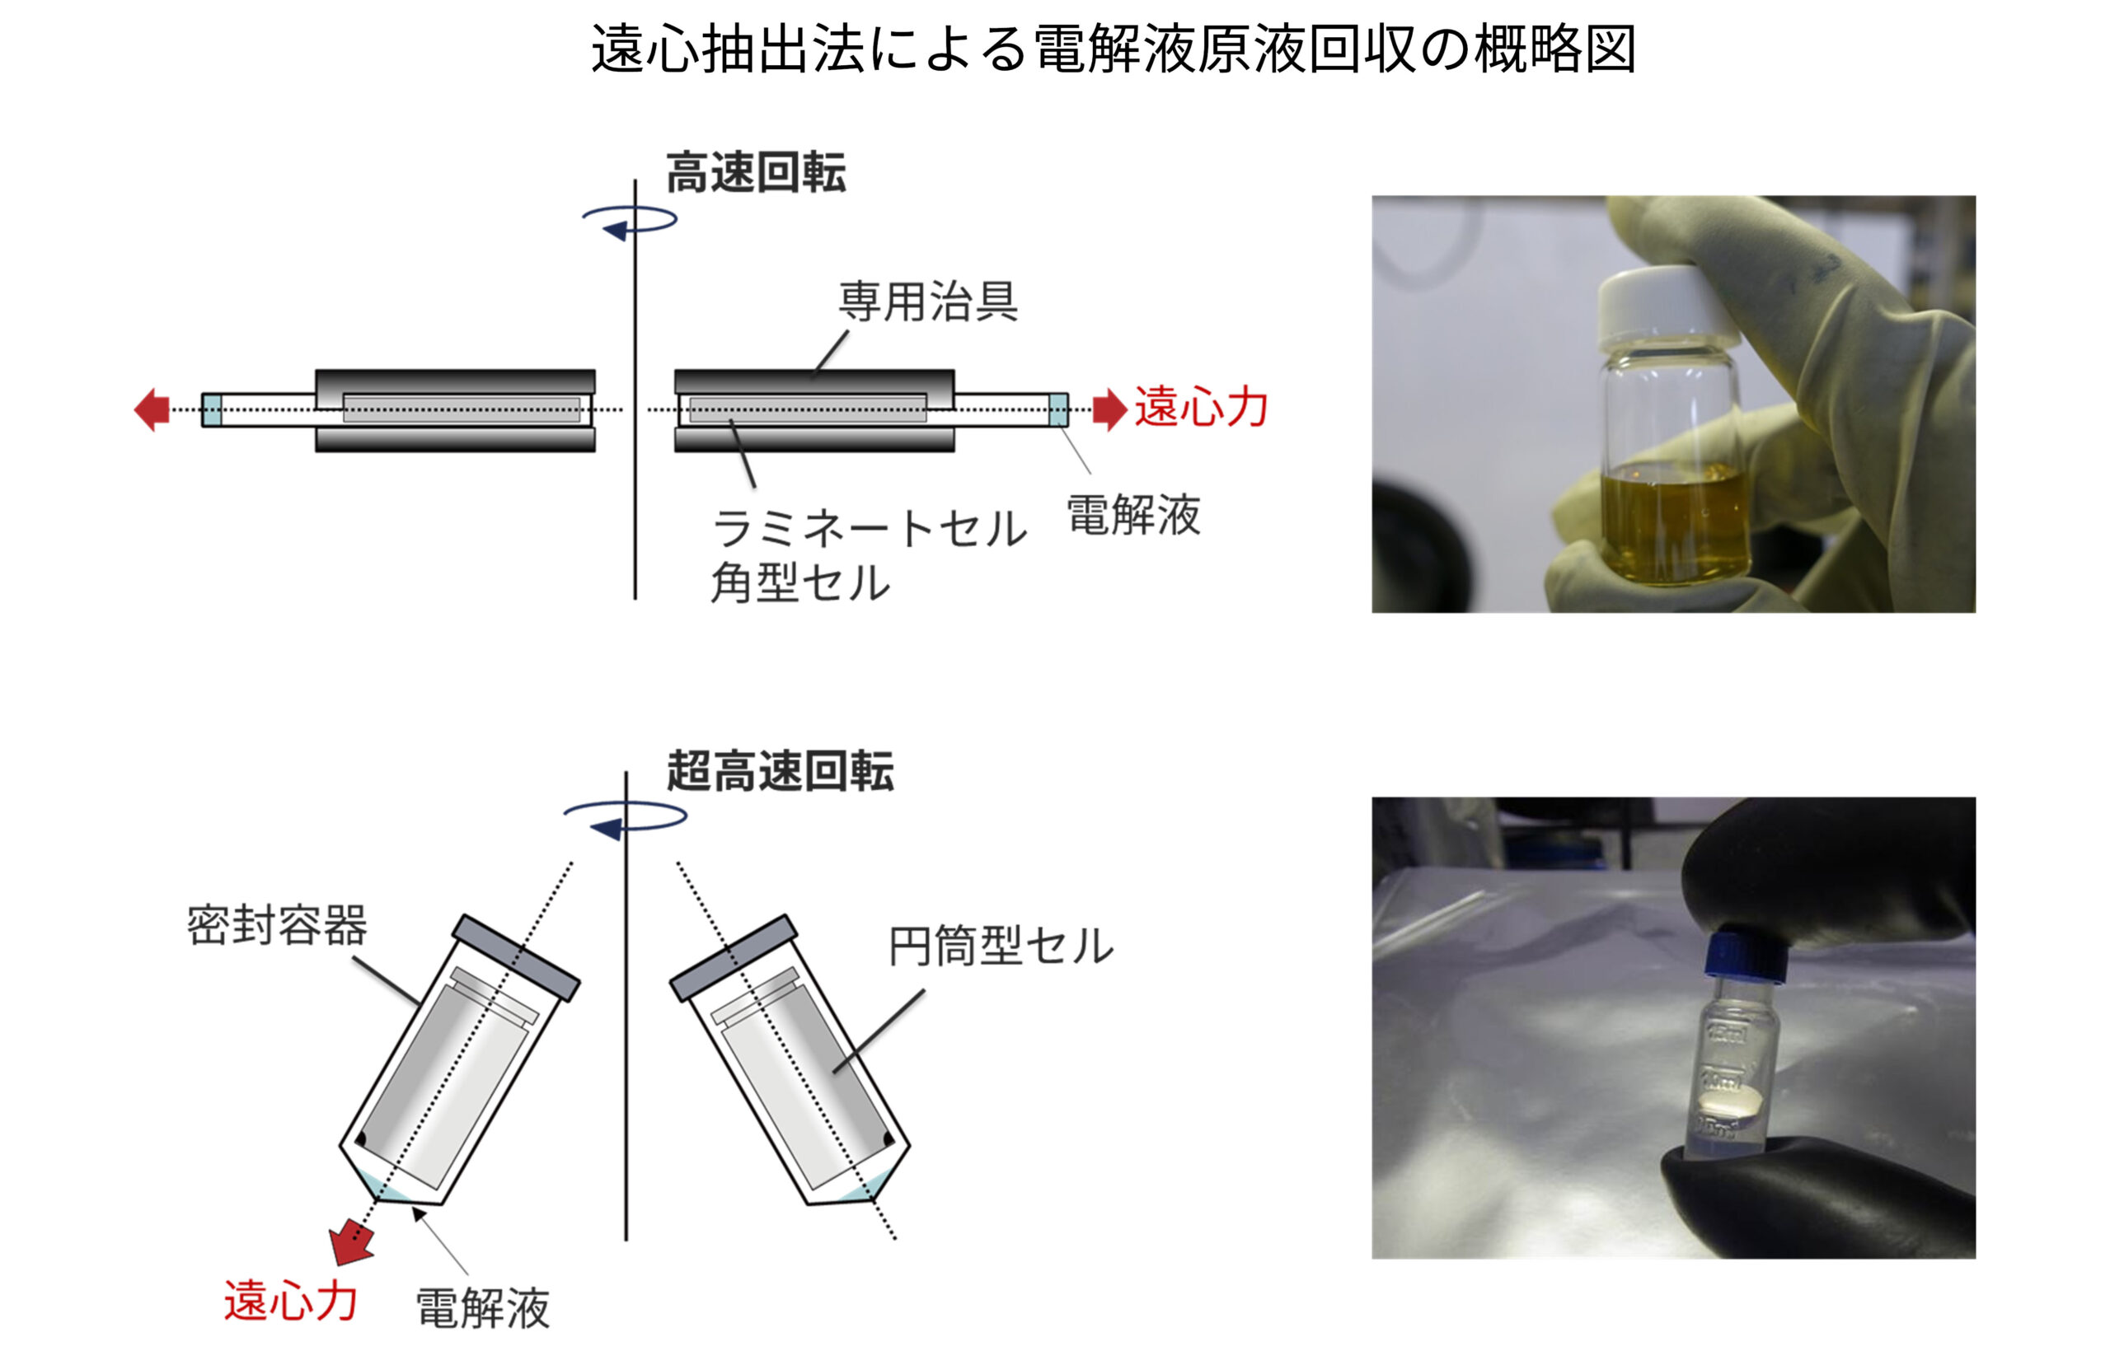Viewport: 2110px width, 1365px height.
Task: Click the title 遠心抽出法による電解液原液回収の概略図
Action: click(x=1114, y=49)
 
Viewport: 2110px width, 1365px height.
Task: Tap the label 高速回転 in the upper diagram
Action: click(x=757, y=173)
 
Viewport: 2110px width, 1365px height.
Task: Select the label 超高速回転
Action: click(x=781, y=770)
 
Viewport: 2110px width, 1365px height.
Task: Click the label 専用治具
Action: click(x=928, y=302)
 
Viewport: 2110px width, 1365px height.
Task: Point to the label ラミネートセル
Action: click(x=870, y=529)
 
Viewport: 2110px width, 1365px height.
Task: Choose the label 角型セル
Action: click(x=800, y=583)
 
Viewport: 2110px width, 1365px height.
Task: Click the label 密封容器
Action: click(x=277, y=925)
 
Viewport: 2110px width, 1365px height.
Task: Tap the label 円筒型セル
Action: click(x=1001, y=946)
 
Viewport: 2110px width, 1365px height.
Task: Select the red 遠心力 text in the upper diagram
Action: click(x=1201, y=408)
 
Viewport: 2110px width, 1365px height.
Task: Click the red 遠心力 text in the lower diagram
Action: click(x=291, y=1302)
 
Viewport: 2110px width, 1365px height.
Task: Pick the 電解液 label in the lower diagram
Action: click(x=483, y=1309)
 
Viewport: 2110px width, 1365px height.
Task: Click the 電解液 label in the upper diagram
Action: click(x=1134, y=515)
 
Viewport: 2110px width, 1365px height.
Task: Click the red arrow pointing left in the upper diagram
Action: click(x=152, y=409)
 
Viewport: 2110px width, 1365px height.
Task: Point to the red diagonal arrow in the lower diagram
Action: click(x=352, y=1241)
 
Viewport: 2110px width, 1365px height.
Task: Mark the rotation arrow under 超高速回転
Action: click(x=625, y=820)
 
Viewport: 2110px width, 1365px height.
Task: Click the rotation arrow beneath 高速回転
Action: click(x=631, y=222)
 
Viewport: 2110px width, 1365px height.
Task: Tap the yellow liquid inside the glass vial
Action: click(x=1676, y=523)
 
